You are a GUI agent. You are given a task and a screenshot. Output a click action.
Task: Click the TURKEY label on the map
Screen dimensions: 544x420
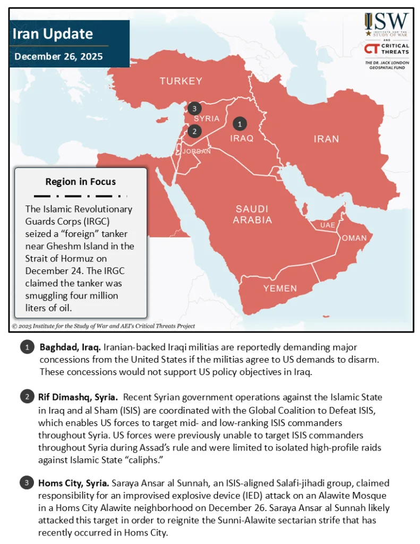click(181, 81)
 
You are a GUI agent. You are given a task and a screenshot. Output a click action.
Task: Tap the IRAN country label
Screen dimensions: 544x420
click(326, 139)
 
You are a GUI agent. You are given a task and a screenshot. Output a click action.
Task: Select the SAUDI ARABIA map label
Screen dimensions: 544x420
click(253, 214)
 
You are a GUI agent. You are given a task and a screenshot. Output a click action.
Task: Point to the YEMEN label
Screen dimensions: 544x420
click(280, 288)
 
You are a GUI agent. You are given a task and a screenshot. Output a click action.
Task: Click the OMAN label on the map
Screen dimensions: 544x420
click(354, 238)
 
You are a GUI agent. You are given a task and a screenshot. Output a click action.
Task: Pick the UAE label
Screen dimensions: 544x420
click(328, 225)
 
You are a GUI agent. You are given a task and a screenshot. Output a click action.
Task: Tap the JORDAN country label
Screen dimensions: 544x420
click(196, 151)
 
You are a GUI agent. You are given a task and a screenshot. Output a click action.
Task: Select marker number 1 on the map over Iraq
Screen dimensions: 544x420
click(240, 123)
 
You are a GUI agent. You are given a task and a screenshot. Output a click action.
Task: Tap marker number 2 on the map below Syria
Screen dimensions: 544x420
click(195, 131)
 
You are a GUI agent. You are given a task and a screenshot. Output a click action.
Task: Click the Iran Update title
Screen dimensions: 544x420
click(53, 35)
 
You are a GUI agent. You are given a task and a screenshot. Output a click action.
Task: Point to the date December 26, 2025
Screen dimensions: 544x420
click(58, 56)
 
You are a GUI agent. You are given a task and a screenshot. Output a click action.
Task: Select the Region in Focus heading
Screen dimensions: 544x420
click(80, 181)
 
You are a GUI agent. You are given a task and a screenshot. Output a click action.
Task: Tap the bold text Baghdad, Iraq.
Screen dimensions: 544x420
click(70, 347)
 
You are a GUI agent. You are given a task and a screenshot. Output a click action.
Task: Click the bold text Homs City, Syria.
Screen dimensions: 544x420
click(73, 483)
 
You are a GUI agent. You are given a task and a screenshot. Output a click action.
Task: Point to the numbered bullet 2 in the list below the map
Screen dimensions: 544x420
click(26, 397)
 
